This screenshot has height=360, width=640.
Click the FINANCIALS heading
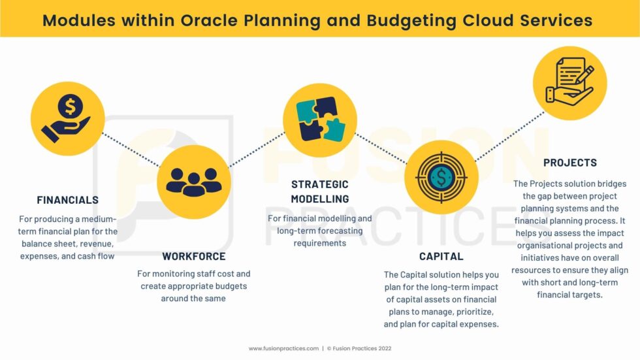[68, 200]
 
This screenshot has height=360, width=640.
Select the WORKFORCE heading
[194, 256]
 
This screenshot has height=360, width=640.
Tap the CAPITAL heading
[441, 256]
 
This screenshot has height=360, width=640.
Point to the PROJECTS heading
[569, 163]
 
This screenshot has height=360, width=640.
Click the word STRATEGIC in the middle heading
[320, 184]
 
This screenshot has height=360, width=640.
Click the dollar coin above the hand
[71, 106]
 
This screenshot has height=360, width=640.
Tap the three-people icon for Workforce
[194, 182]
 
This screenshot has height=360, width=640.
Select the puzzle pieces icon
[321, 119]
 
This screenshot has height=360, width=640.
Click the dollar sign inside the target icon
[441, 177]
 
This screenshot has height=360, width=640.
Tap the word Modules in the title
[79, 20]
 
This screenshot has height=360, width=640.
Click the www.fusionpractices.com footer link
[283, 349]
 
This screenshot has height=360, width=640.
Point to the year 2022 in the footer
[385, 349]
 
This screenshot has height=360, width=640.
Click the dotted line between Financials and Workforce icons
[131, 150]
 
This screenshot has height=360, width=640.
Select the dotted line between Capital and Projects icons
[510, 136]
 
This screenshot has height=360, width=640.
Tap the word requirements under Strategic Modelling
[319, 243]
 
